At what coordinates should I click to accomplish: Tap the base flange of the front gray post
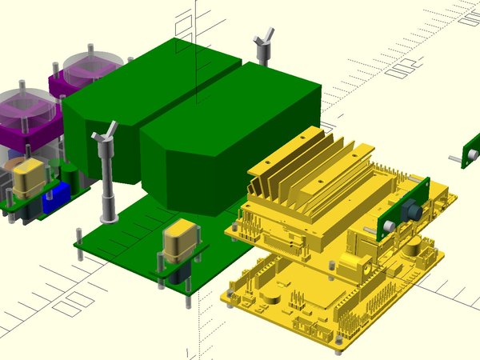(106, 217)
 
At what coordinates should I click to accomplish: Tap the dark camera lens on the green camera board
(413, 211)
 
